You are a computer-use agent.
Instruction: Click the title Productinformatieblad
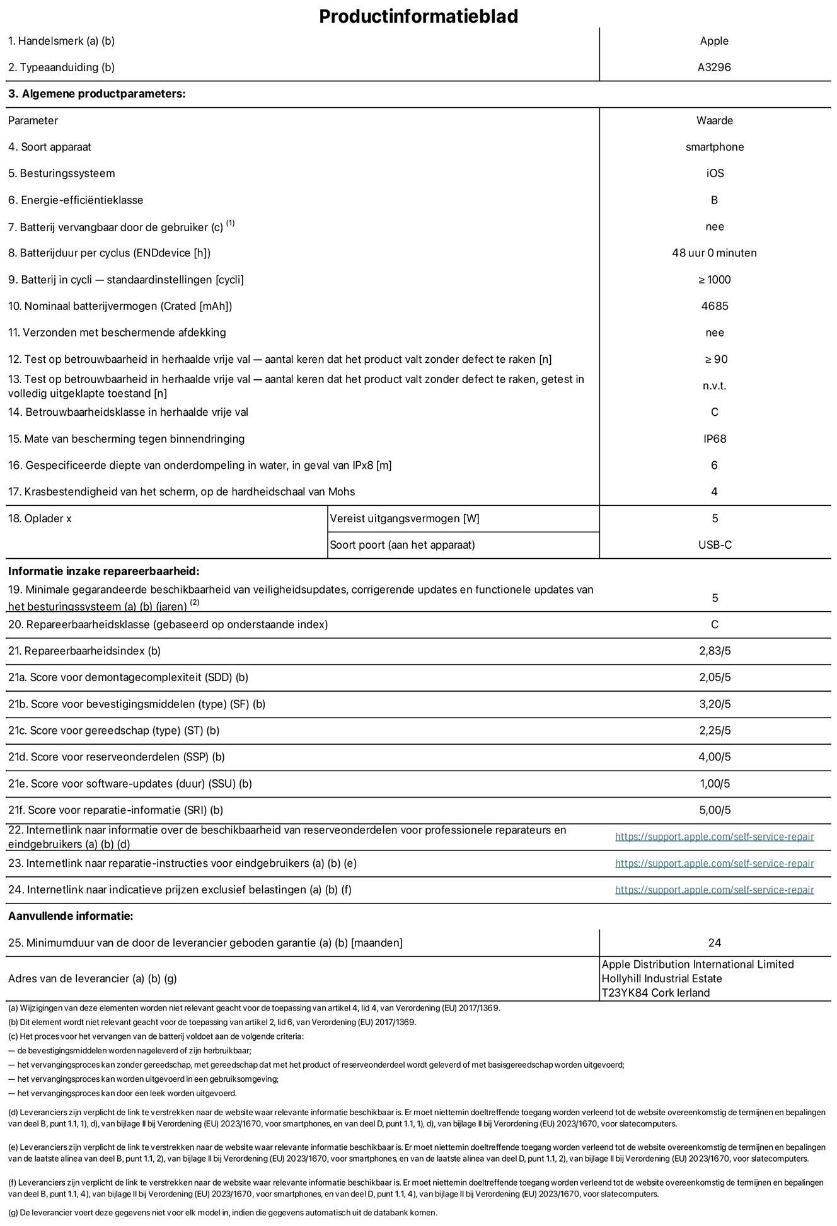click(418, 16)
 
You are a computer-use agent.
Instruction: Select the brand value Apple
click(714, 41)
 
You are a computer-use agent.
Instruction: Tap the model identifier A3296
click(714, 67)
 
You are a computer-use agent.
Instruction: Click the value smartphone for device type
click(715, 147)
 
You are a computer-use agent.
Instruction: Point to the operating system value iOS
click(715, 173)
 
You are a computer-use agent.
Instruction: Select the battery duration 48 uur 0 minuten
click(714, 253)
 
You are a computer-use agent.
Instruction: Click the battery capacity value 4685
click(714, 306)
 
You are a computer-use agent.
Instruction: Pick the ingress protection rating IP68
click(715, 438)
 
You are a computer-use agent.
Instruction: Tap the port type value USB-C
click(715, 545)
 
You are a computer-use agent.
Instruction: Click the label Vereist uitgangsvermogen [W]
click(405, 518)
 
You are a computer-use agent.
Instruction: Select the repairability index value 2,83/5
click(715, 651)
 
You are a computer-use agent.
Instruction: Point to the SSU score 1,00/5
click(715, 784)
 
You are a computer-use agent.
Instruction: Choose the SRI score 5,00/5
click(715, 810)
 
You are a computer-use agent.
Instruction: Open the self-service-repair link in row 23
click(714, 863)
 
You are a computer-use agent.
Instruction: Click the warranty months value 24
click(714, 943)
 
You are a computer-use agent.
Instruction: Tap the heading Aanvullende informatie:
click(71, 916)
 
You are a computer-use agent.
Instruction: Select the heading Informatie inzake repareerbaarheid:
click(103, 571)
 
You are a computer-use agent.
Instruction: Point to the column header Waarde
click(715, 120)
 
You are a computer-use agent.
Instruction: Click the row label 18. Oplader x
click(40, 518)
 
